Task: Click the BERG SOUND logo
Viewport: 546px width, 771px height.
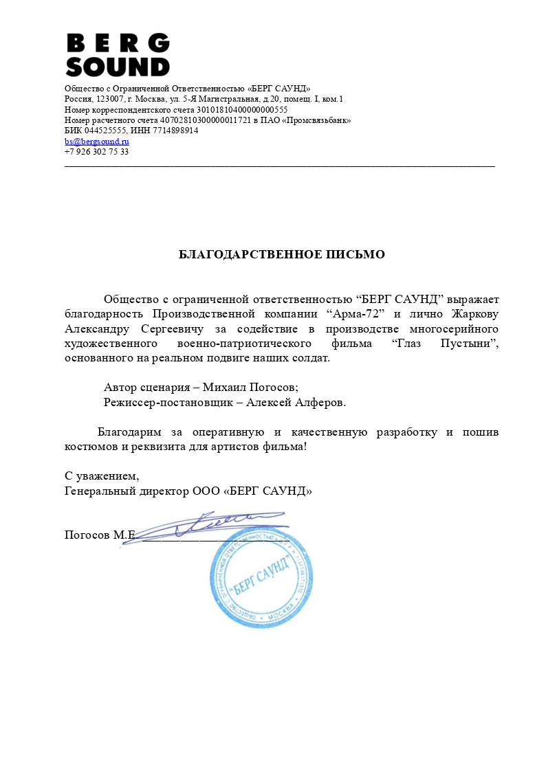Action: point(118,55)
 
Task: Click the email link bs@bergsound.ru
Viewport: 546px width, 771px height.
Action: point(97,141)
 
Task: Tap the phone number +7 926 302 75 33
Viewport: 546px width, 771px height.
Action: point(96,151)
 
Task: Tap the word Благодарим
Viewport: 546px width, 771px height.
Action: point(129,432)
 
